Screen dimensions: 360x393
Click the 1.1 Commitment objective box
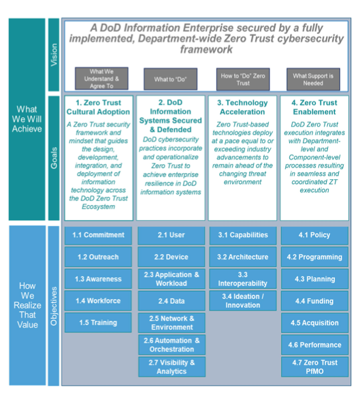click(x=98, y=236)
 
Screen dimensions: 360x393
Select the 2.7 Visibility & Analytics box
click(x=171, y=367)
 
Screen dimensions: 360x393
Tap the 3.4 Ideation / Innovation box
click(x=243, y=301)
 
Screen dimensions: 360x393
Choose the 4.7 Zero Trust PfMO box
click(x=314, y=367)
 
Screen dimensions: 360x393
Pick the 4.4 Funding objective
click(x=314, y=301)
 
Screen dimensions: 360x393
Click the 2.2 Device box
click(x=171, y=257)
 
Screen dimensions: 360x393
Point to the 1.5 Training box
click(x=98, y=323)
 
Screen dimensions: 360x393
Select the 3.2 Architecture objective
click(x=243, y=257)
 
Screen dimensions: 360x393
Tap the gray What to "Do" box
click(x=171, y=79)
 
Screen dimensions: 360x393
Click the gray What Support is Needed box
click(x=313, y=79)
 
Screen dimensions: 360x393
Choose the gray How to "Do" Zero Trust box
click(x=243, y=79)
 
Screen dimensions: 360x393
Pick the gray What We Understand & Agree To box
click(x=101, y=78)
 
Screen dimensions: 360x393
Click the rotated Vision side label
click(x=54, y=55)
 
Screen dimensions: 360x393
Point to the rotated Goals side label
click(x=54, y=158)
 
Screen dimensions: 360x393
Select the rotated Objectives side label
click(x=54, y=306)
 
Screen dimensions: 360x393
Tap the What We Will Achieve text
click(x=27, y=119)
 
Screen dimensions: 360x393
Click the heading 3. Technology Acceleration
click(x=242, y=107)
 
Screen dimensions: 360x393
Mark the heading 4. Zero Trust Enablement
click(x=314, y=107)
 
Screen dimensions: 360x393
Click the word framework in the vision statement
click(x=206, y=49)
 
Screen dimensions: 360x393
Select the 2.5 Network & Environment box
click(x=171, y=323)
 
